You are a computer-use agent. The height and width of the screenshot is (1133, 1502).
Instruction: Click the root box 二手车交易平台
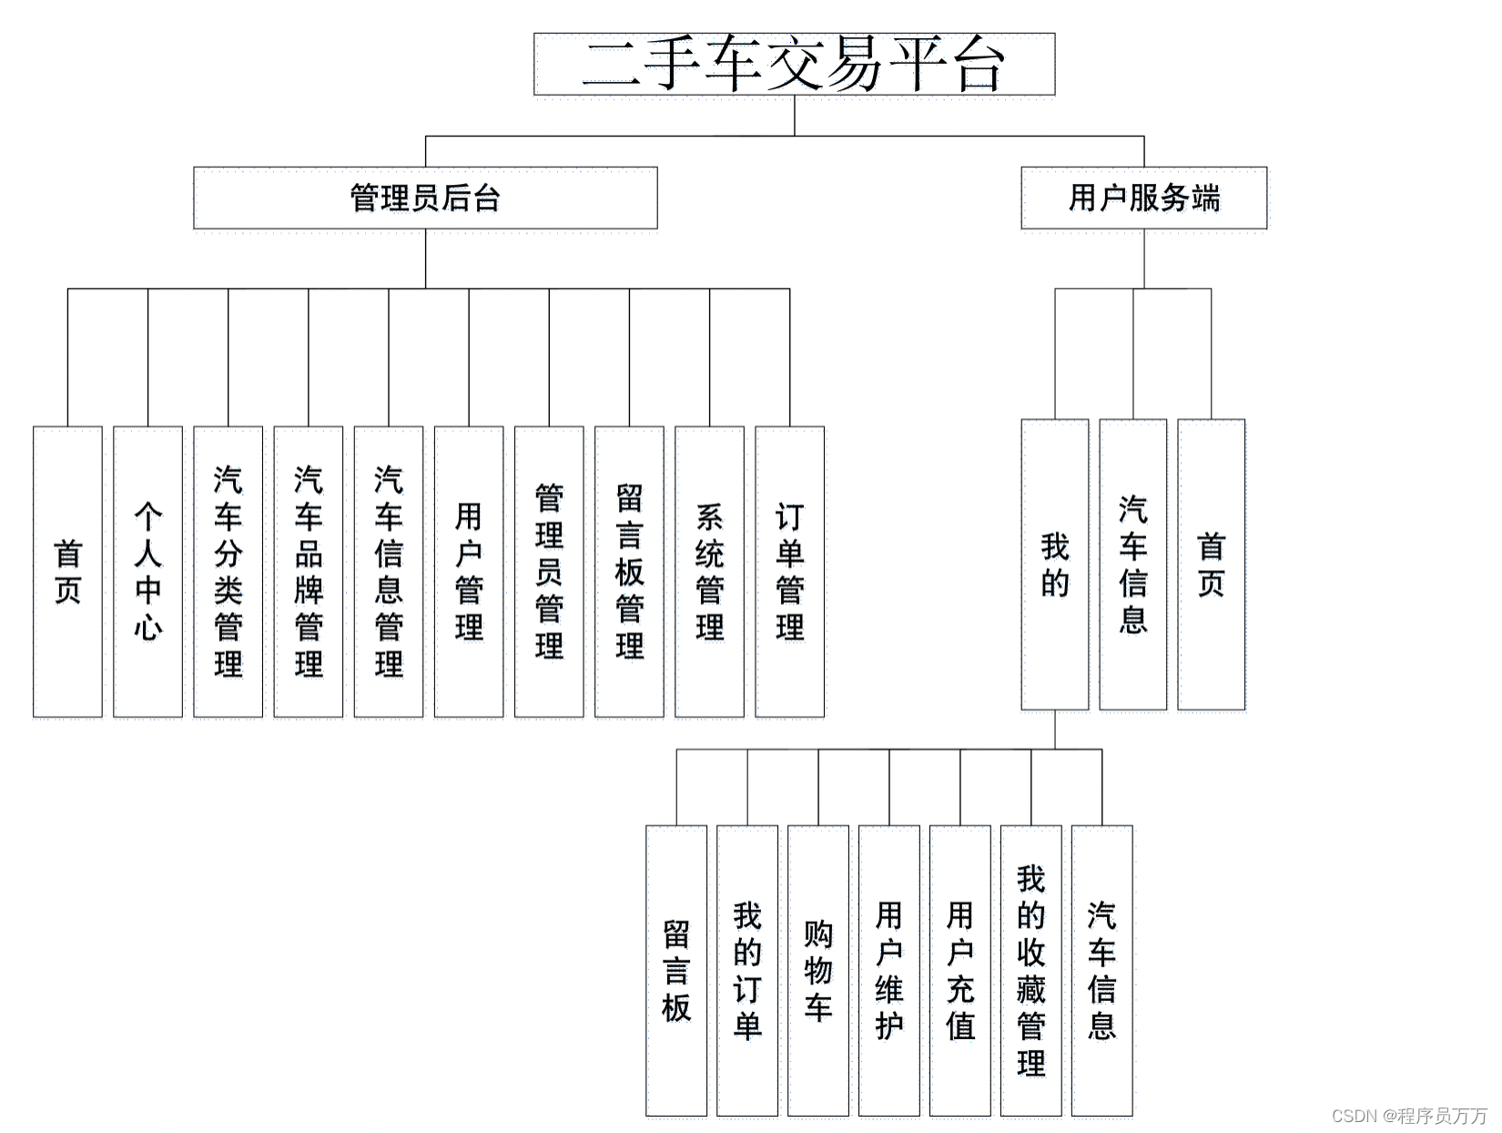click(x=794, y=64)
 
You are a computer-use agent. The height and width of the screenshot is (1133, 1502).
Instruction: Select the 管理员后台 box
click(x=425, y=198)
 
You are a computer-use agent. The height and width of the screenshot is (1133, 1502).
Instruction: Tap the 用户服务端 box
click(x=1143, y=198)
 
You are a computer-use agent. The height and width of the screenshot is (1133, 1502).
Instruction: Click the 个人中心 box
click(x=147, y=572)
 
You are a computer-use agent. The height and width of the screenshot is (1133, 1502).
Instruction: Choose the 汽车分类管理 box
click(x=228, y=572)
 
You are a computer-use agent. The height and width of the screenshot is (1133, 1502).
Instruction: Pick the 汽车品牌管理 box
click(x=308, y=572)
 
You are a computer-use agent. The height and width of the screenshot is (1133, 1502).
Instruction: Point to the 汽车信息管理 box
click(x=389, y=572)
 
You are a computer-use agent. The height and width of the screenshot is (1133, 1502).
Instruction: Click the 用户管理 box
click(x=469, y=572)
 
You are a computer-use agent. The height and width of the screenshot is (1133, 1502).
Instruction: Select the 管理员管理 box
click(x=549, y=572)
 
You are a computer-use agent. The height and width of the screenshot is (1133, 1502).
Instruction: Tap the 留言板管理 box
click(x=630, y=572)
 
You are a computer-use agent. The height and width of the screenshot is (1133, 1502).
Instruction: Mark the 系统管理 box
click(x=710, y=572)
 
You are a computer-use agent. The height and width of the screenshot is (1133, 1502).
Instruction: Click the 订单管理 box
click(x=789, y=572)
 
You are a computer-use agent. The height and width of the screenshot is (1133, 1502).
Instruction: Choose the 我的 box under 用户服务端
click(x=1054, y=565)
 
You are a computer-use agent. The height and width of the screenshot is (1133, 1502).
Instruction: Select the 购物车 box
click(x=817, y=971)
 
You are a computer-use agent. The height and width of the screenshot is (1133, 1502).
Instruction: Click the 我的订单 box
click(x=747, y=971)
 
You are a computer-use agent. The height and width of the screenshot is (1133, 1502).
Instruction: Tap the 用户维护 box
click(x=888, y=971)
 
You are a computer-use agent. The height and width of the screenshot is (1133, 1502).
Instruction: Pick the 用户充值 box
click(x=960, y=971)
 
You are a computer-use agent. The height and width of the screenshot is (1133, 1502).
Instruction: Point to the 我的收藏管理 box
click(x=1031, y=971)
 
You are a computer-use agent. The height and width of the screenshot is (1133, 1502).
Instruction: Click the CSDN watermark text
click(x=1409, y=1116)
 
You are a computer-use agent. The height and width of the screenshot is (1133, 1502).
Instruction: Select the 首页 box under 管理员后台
click(x=67, y=572)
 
